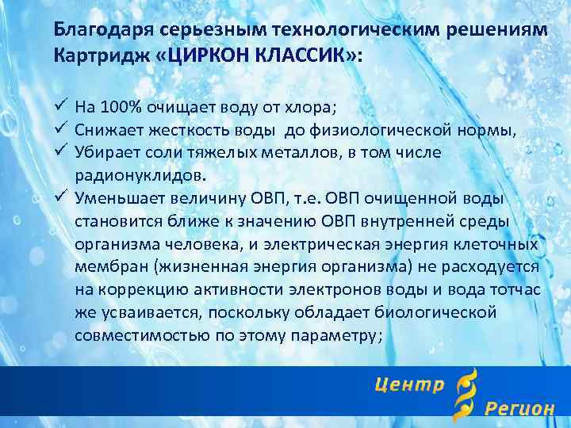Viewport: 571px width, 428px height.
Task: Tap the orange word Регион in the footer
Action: click(x=519, y=409)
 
